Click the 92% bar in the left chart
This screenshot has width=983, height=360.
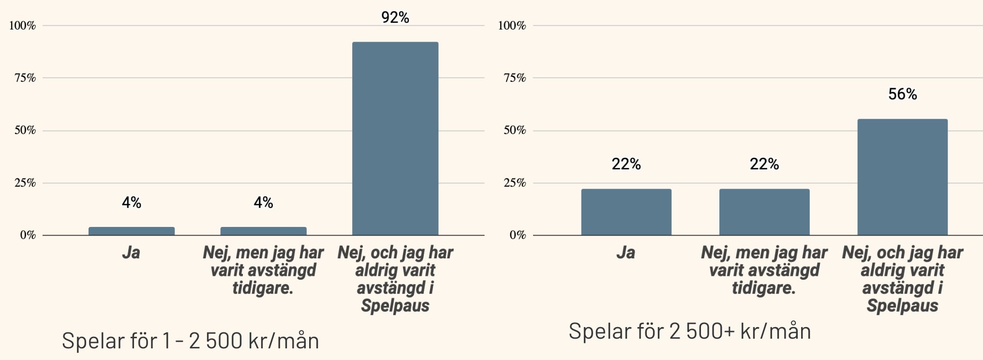(x=395, y=138)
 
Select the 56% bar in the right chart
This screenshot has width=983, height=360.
(x=902, y=177)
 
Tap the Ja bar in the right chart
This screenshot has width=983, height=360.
(x=626, y=212)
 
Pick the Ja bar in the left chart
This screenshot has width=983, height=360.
(x=132, y=231)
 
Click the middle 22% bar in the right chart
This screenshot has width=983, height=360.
(x=764, y=212)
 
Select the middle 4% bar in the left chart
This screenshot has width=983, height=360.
(x=263, y=231)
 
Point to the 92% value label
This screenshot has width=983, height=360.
(x=395, y=17)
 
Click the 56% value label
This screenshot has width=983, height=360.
(x=902, y=94)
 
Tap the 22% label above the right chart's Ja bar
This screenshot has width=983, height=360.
(x=626, y=164)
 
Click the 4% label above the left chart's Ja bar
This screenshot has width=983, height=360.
(x=132, y=202)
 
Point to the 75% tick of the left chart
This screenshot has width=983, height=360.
(x=25, y=78)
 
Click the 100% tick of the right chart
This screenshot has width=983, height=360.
(x=512, y=26)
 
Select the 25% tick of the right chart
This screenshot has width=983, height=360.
(x=515, y=183)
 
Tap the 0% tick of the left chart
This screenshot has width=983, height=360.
(x=28, y=235)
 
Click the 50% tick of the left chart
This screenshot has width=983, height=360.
(x=25, y=130)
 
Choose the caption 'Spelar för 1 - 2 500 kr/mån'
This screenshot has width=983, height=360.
(x=190, y=341)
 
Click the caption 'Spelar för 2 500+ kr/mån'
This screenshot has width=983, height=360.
(x=689, y=331)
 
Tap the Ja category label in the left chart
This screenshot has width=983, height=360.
(x=131, y=253)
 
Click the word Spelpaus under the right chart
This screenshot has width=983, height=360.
(x=902, y=306)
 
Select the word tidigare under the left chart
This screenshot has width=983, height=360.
(x=263, y=288)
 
